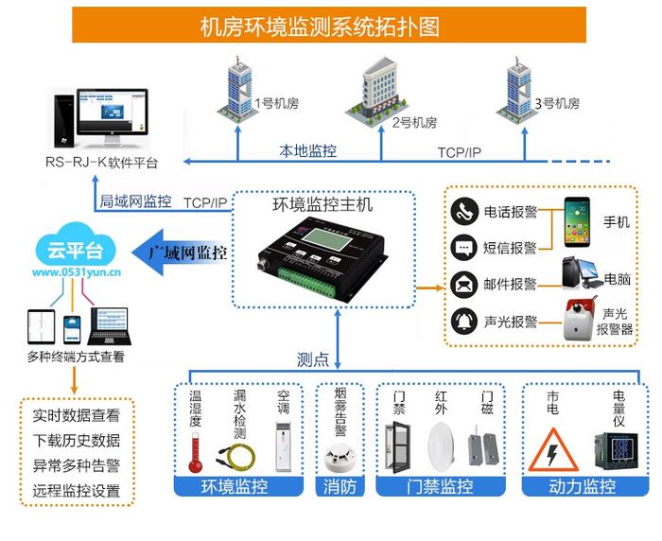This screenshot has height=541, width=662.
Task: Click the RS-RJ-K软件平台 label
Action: point(102,163)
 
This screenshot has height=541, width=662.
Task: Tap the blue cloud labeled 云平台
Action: point(76,249)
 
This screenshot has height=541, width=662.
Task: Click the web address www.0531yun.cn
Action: point(76,272)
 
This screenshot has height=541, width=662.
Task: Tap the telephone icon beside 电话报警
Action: point(463,212)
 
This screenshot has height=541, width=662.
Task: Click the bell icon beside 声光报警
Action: point(463,321)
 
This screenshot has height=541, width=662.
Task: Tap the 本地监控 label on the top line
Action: point(307,150)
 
